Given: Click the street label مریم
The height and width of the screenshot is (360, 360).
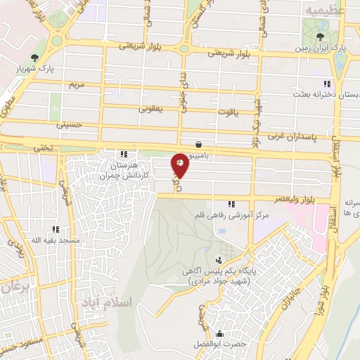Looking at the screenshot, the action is click(75, 85).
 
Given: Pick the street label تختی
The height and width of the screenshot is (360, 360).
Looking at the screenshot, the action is click(44, 148).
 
